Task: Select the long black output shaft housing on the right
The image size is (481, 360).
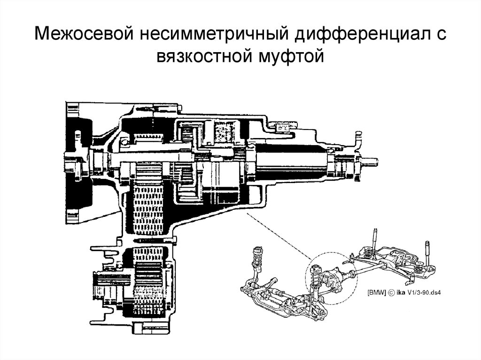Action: tap(291, 161)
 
